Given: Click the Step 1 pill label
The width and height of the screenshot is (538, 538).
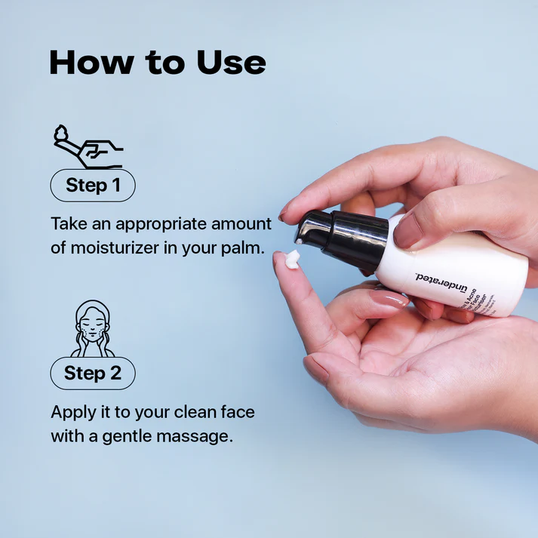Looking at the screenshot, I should pyautogui.click(x=93, y=185).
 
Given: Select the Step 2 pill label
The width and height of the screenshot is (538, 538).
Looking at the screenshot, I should pyautogui.click(x=92, y=373).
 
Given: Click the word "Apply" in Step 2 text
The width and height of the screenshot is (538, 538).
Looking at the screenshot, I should pyautogui.click(x=72, y=413).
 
